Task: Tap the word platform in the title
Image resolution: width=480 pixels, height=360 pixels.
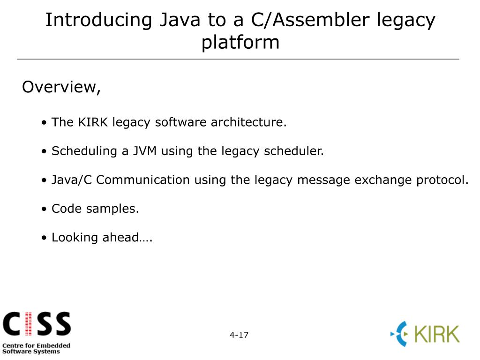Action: [240, 42]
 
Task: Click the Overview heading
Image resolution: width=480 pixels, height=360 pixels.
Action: [61, 87]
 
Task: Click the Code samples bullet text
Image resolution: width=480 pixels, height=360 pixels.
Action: [95, 209]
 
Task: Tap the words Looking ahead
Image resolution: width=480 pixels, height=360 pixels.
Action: [102, 238]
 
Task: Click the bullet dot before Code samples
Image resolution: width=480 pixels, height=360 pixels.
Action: [44, 209]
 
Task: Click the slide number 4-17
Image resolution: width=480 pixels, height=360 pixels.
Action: [239, 335]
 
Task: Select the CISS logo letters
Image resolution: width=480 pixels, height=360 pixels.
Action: [37, 324]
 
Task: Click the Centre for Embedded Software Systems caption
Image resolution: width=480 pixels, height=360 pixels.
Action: [36, 348]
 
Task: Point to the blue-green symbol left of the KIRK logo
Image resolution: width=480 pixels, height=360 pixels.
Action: [400, 334]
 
